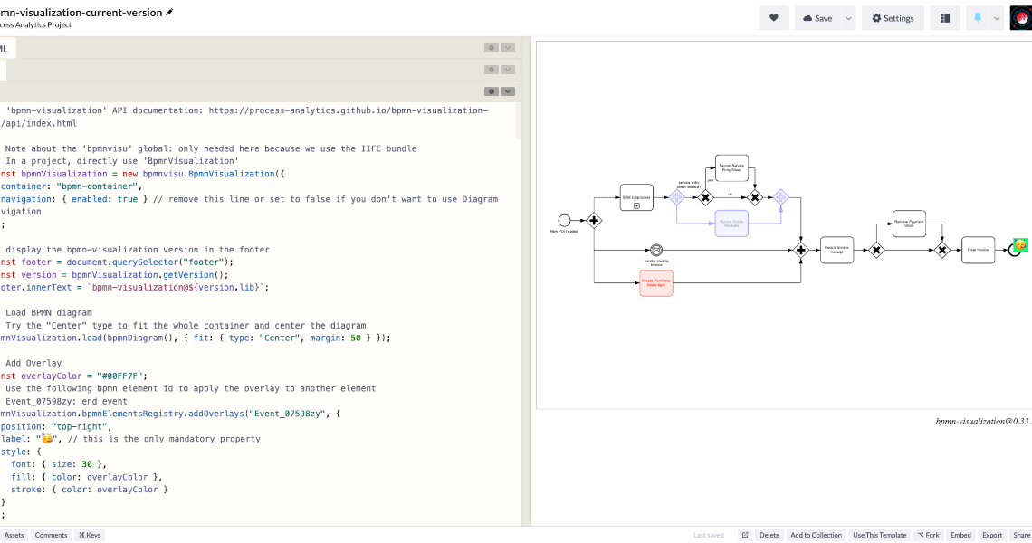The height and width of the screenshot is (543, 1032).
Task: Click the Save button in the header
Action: click(x=817, y=18)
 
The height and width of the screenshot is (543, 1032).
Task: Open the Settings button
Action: click(x=892, y=18)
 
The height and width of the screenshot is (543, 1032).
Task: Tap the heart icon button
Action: click(x=774, y=18)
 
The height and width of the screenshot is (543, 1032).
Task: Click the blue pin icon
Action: click(x=978, y=18)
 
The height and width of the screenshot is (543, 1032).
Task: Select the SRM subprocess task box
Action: click(x=636, y=197)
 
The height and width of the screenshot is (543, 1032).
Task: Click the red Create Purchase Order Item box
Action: click(x=656, y=282)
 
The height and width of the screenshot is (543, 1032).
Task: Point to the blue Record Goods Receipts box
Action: click(x=731, y=223)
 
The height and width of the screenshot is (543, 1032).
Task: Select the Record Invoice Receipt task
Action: click(x=836, y=250)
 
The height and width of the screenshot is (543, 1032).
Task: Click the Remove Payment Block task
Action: click(x=909, y=224)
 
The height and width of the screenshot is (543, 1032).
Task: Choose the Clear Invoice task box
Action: click(x=978, y=250)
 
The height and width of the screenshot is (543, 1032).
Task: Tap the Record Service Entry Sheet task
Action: click(x=731, y=167)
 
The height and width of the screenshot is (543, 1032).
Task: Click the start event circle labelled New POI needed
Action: click(x=565, y=220)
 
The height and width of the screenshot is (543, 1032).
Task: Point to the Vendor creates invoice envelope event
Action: click(x=656, y=250)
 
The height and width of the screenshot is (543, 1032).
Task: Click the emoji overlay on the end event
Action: click(x=1020, y=244)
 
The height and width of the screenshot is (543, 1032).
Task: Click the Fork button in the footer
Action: click(x=928, y=535)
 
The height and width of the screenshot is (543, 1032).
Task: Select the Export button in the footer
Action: click(x=992, y=535)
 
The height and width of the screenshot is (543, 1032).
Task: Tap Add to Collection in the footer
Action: click(x=816, y=535)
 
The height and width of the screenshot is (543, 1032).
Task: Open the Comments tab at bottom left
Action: click(x=51, y=535)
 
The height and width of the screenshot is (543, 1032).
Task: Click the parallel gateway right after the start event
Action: click(x=594, y=220)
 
